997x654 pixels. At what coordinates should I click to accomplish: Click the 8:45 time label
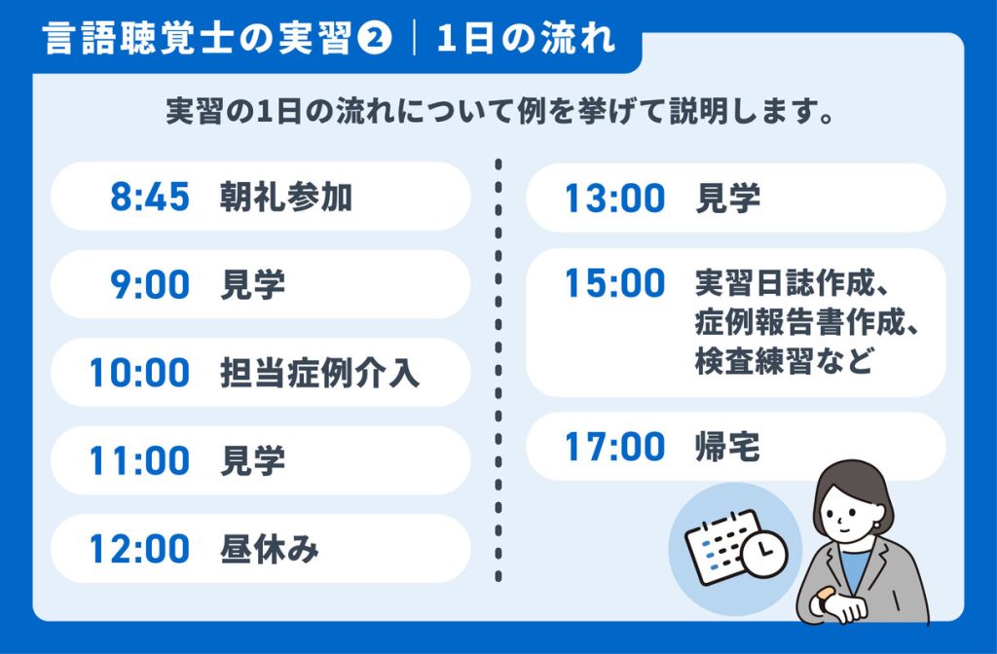coord(150,196)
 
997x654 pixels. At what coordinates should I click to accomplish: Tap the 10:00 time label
coord(140,373)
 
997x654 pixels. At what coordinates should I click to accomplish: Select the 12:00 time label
coord(140,549)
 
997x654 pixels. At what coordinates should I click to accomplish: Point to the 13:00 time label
coord(615,198)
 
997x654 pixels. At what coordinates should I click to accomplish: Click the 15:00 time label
coord(615,283)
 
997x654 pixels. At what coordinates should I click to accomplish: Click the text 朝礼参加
coord(286,197)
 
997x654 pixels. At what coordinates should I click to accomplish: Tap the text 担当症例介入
coord(319,373)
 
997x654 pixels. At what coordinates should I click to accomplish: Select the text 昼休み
coord(269,549)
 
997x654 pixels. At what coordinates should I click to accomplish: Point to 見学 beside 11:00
coord(252,460)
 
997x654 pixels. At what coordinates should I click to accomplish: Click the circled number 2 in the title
coord(375,38)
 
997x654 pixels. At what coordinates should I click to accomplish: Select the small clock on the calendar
coord(764,553)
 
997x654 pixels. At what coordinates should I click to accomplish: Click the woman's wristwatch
coord(825,599)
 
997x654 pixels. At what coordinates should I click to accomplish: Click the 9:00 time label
coord(150,284)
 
